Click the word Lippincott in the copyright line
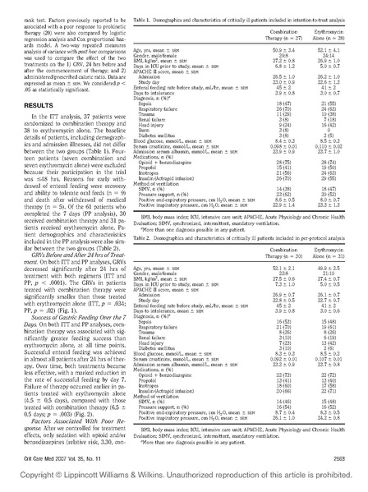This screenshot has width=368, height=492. [90, 476]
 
